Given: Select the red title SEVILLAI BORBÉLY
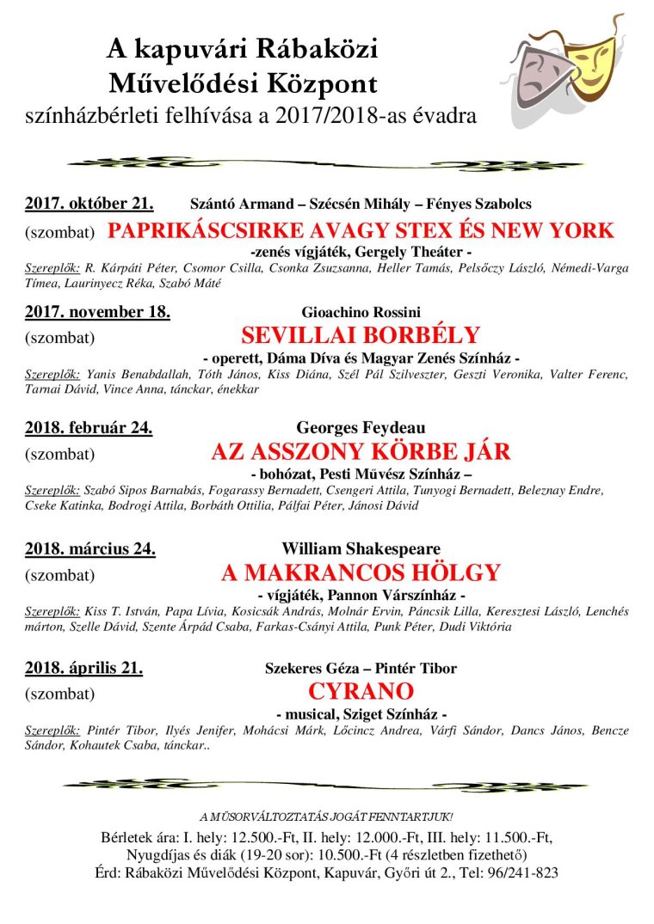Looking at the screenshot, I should pos(361,335).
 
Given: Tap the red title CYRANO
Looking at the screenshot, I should pos(361,691).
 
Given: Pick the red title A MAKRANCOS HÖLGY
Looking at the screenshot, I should pos(361,572).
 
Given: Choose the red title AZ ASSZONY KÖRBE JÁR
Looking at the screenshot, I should pos(361,451).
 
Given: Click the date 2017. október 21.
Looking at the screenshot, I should pos(89,204).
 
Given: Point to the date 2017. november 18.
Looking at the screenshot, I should pos(97,311).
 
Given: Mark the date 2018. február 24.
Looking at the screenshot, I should pos(89,427).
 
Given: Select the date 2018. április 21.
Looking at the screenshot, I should pos(83,668).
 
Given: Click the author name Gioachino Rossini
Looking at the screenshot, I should pos(361,312).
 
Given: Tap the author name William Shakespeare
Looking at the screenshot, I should pos(361,548).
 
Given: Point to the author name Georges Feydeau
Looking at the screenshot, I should pos(361,428).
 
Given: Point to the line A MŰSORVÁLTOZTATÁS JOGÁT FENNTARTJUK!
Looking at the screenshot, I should pos(326,816).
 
